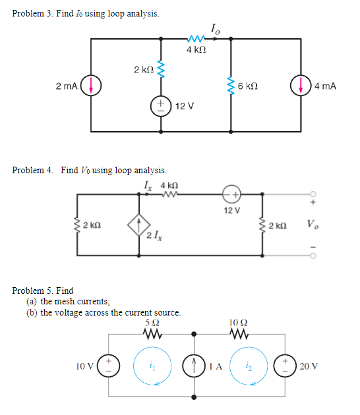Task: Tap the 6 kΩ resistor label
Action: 249,86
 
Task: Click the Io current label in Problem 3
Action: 215,28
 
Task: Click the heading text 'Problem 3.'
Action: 32,14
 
